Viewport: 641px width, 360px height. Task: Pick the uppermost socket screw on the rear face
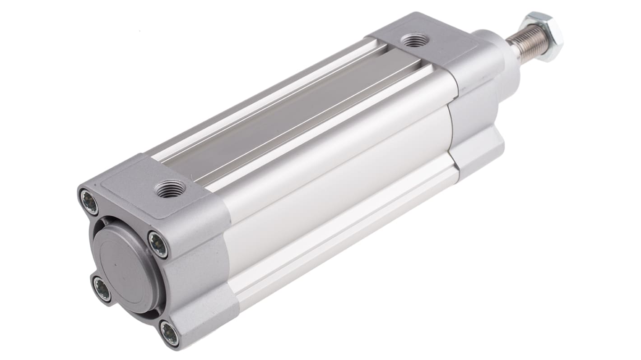pyautogui.click(x=89, y=202)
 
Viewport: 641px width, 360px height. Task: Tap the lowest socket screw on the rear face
pyautogui.click(x=170, y=333)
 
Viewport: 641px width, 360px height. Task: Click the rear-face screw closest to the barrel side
pyautogui.click(x=158, y=244)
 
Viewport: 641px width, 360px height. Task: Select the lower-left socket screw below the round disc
pyautogui.click(x=102, y=289)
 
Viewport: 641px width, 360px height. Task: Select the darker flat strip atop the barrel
pyautogui.click(x=293, y=122)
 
